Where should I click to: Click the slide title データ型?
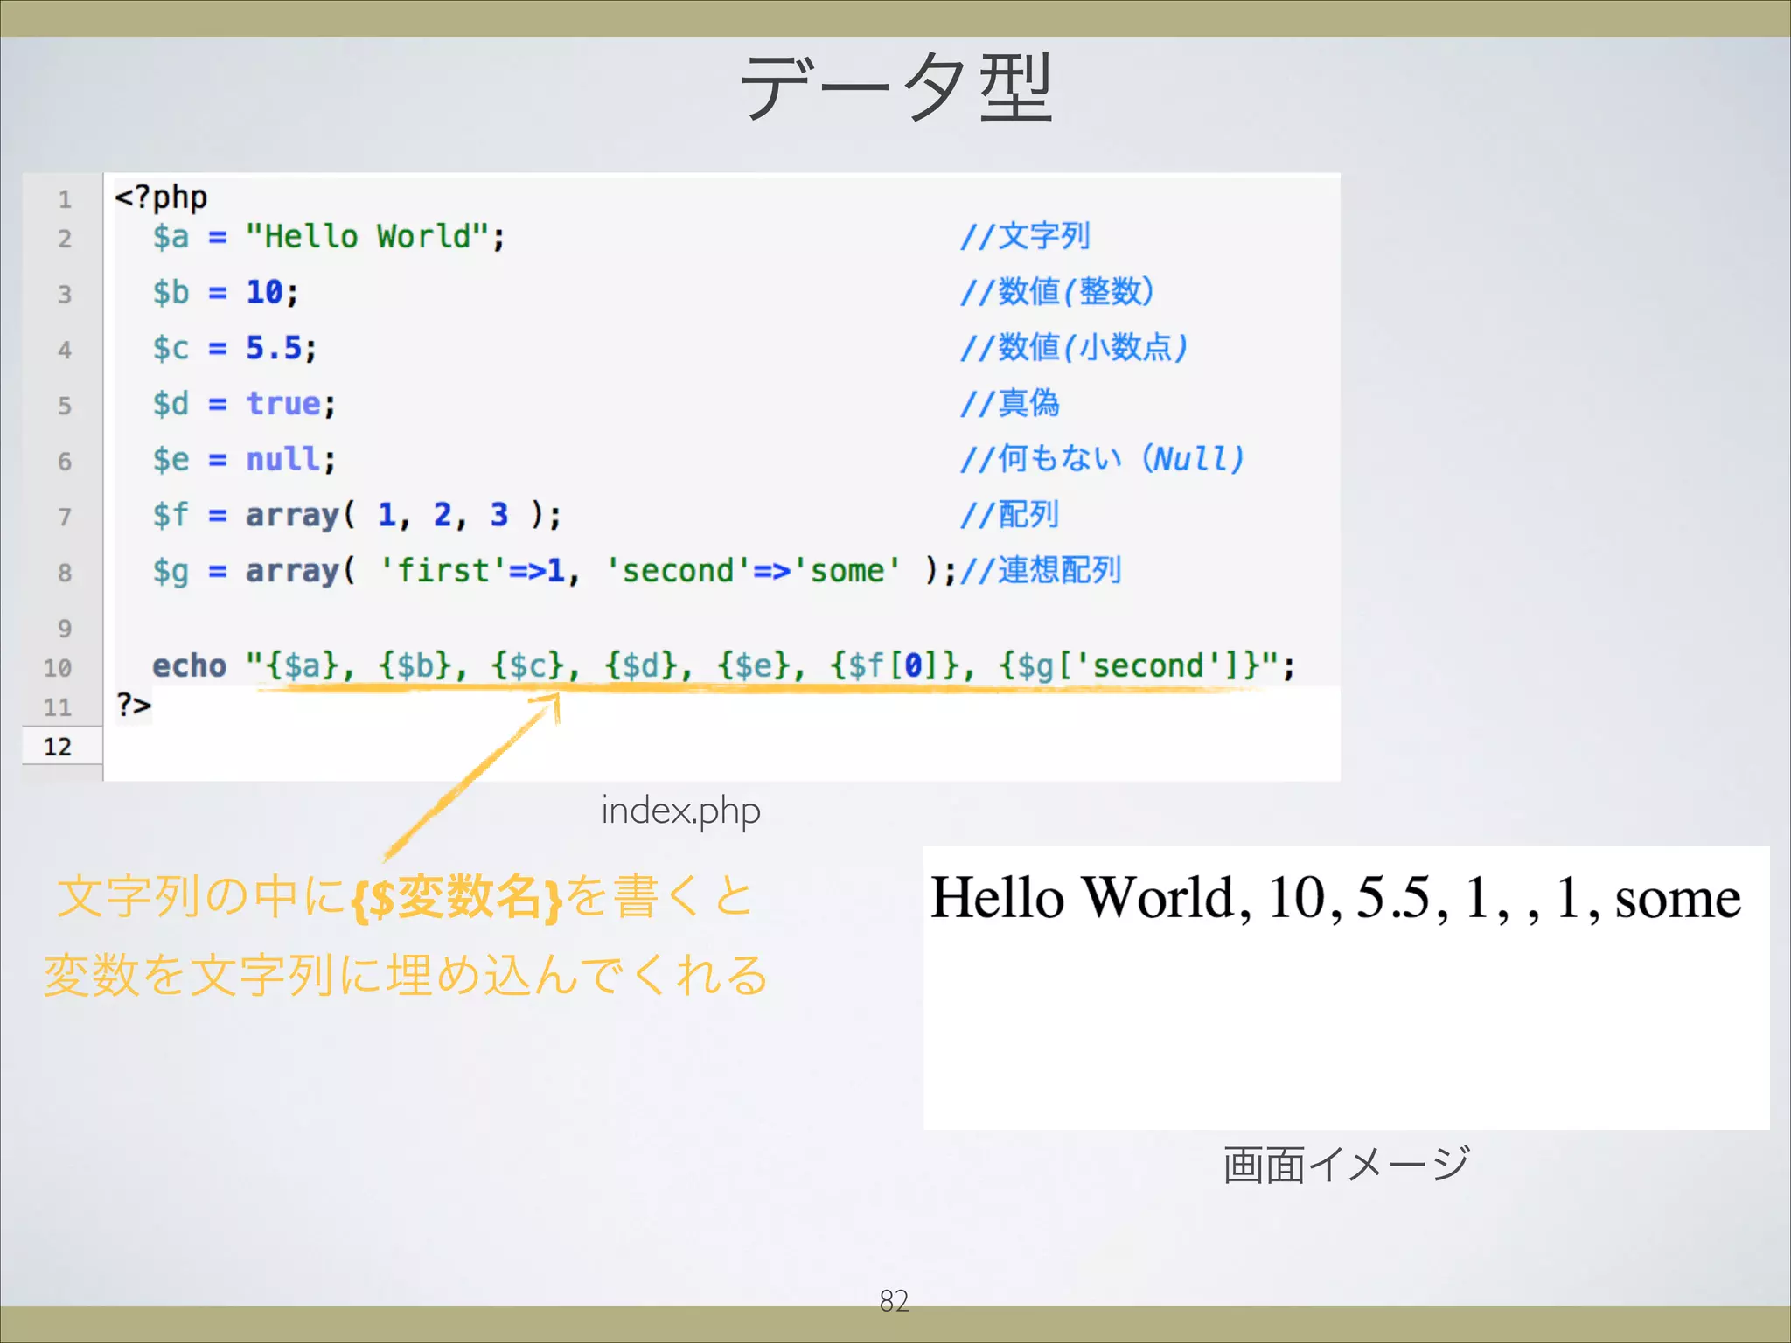[895, 87]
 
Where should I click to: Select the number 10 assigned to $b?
[264, 292]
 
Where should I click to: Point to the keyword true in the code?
[283, 404]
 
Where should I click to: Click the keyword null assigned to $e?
[282, 459]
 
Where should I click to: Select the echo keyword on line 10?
[189, 666]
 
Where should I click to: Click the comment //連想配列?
[1041, 571]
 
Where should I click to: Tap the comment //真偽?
[1010, 404]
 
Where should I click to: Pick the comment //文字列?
[1025, 237]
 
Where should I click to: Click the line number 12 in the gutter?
[58, 747]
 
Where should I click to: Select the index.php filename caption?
[680, 811]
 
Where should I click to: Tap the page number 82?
[894, 1301]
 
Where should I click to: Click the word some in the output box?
[1677, 899]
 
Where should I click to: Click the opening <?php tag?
[161, 198]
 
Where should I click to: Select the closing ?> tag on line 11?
[134, 705]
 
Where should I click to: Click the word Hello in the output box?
[997, 899]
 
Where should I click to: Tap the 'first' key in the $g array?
[443, 571]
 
